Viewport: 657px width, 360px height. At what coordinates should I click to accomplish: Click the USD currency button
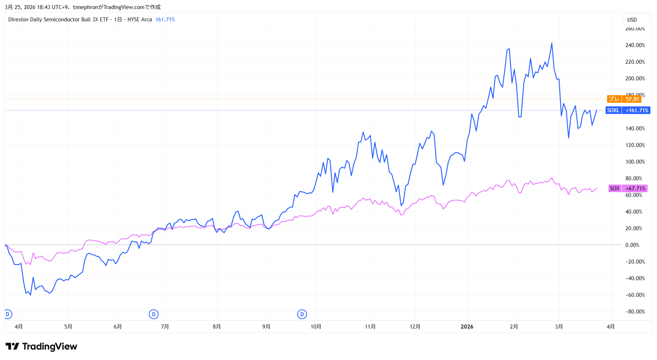tap(632, 20)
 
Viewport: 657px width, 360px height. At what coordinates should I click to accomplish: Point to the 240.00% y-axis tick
tap(635, 45)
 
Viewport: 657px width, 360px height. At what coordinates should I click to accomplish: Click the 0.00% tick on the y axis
tap(632, 245)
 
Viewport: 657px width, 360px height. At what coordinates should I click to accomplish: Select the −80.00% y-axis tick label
tap(635, 312)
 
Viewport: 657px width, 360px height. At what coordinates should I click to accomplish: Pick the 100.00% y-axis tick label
tap(635, 162)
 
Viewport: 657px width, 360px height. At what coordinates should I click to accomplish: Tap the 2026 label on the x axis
tap(467, 327)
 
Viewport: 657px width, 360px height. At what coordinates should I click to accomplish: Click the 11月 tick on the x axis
tap(370, 327)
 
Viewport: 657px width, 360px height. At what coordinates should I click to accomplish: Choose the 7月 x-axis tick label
tap(165, 327)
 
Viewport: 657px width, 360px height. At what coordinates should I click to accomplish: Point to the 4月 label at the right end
tap(610, 327)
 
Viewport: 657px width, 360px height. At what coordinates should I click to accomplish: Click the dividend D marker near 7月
tap(153, 314)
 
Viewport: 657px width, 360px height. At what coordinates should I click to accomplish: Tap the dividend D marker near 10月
tap(302, 314)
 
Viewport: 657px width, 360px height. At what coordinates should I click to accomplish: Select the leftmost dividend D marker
tap(8, 314)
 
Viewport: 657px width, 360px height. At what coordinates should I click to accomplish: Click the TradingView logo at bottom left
tap(41, 347)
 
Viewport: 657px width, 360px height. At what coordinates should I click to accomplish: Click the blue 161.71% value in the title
tap(165, 20)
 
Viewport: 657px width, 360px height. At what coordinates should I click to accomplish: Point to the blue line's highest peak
tap(552, 43)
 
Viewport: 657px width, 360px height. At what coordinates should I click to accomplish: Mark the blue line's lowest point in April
tap(30, 295)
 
